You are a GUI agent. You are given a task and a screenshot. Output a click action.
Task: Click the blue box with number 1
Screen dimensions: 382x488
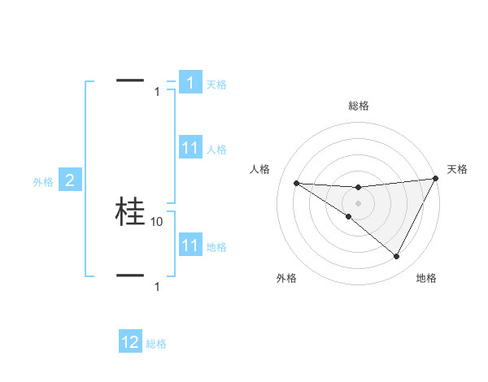190,83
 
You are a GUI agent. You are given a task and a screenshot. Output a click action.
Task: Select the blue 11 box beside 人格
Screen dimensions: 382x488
190,148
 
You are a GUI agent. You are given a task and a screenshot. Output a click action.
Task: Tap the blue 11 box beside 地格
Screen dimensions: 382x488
190,245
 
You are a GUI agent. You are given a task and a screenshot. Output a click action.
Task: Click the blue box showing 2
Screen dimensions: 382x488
70,180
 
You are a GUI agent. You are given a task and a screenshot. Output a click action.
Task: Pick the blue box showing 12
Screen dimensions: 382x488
130,342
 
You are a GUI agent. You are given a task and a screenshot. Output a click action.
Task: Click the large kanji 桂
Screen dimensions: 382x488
130,211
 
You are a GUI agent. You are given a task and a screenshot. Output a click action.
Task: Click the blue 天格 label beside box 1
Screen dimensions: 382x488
216,85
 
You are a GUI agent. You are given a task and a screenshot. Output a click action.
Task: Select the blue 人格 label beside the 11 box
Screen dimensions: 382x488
216,150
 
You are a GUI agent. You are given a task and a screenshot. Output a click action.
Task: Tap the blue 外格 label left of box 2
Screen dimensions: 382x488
43,182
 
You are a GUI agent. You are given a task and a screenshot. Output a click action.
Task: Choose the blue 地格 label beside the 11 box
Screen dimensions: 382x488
216,247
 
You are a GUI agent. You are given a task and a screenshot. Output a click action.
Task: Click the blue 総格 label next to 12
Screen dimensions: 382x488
156,344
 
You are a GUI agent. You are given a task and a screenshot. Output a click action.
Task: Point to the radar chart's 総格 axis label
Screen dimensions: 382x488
359,106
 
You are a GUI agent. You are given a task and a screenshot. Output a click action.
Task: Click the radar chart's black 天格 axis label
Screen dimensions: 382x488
457,169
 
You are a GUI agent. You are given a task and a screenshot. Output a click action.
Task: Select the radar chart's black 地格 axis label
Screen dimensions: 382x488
426,279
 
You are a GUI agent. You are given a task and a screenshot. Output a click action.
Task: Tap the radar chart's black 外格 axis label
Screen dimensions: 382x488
286,279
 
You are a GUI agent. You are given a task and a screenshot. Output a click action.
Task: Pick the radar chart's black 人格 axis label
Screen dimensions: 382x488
260,169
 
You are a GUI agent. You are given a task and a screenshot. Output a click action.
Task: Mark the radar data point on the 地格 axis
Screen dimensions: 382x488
397,257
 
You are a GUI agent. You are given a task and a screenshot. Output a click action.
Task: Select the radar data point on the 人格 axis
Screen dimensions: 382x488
296,183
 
